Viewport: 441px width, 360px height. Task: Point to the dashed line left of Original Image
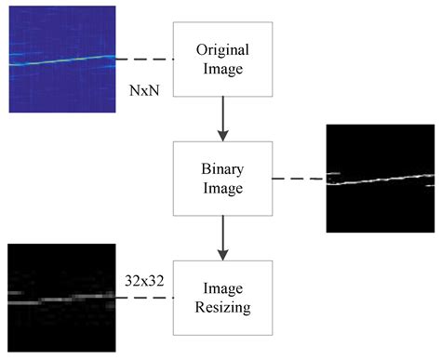[144, 60]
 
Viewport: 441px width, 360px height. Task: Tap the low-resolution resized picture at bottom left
[61, 298]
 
